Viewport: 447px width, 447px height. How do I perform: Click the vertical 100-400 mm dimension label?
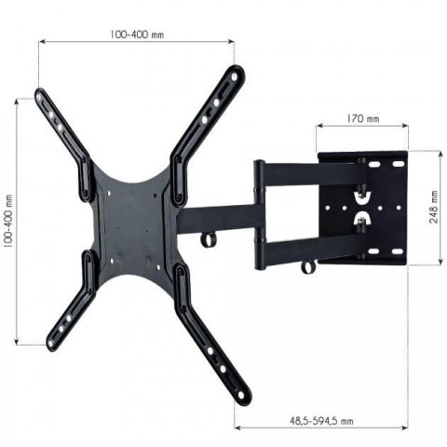(x=8, y=221)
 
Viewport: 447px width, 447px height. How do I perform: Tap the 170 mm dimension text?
(x=362, y=119)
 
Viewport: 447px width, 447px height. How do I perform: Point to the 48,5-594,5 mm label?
(x=321, y=422)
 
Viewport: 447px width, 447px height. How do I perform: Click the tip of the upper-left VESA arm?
(x=42, y=94)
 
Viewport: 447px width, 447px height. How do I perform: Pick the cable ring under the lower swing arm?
(x=308, y=269)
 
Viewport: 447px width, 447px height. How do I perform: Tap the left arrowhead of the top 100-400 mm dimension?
(x=41, y=40)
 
